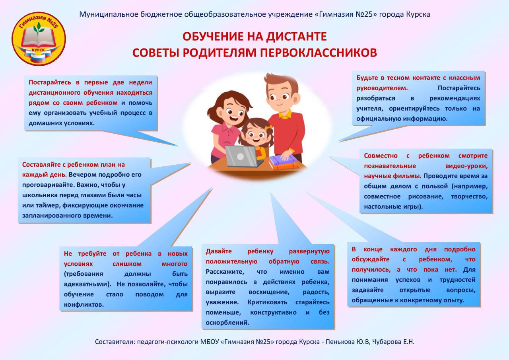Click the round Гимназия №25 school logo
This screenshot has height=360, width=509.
(x=39, y=39)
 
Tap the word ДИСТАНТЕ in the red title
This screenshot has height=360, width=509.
(x=296, y=36)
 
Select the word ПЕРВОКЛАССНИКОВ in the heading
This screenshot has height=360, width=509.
(x=319, y=53)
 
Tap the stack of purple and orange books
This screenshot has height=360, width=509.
(x=283, y=162)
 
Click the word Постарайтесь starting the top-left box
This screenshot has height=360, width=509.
(x=50, y=82)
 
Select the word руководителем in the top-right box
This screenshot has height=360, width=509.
(x=381, y=88)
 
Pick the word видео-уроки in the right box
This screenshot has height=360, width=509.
(x=466, y=166)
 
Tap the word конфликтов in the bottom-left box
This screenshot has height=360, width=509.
(x=84, y=305)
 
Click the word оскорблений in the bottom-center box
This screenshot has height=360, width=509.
(x=227, y=323)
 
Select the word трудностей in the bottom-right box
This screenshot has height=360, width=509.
(x=457, y=280)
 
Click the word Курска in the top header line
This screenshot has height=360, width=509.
(x=418, y=15)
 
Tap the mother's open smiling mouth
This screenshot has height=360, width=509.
(x=233, y=119)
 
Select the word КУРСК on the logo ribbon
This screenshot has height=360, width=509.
(x=38, y=50)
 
